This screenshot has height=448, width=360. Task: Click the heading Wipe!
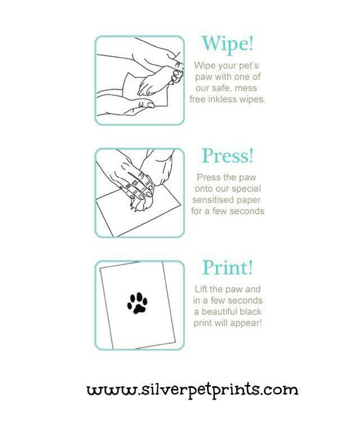228,43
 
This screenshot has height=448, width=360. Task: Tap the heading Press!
228,156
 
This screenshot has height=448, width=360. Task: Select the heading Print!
228,267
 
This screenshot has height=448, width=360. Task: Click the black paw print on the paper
137,303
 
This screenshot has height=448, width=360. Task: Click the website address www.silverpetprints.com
192,390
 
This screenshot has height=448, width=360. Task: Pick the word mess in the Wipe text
247,88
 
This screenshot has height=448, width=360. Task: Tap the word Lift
201,289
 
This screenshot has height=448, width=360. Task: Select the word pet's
249,65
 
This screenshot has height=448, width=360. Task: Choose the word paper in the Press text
248,200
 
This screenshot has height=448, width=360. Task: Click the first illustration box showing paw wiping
140,80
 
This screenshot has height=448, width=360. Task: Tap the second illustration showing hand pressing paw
140,193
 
